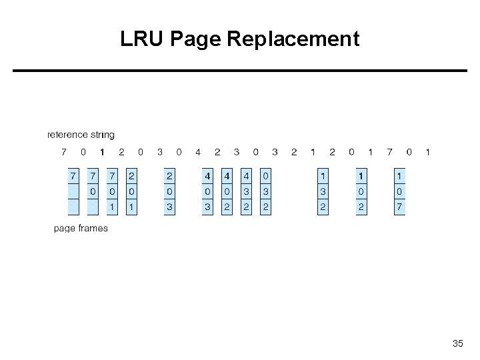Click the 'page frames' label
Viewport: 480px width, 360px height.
81,229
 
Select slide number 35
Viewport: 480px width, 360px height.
457,343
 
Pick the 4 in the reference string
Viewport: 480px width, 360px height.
198,152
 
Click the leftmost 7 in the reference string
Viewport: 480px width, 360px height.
64,152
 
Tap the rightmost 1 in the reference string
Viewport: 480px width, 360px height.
427,152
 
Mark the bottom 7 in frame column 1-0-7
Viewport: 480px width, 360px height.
399,207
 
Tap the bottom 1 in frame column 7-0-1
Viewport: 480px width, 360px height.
112,207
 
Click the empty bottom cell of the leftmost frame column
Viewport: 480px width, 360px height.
73,207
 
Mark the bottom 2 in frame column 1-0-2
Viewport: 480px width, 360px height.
361,207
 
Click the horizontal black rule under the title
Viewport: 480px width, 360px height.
240,70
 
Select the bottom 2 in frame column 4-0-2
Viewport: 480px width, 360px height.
227,207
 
